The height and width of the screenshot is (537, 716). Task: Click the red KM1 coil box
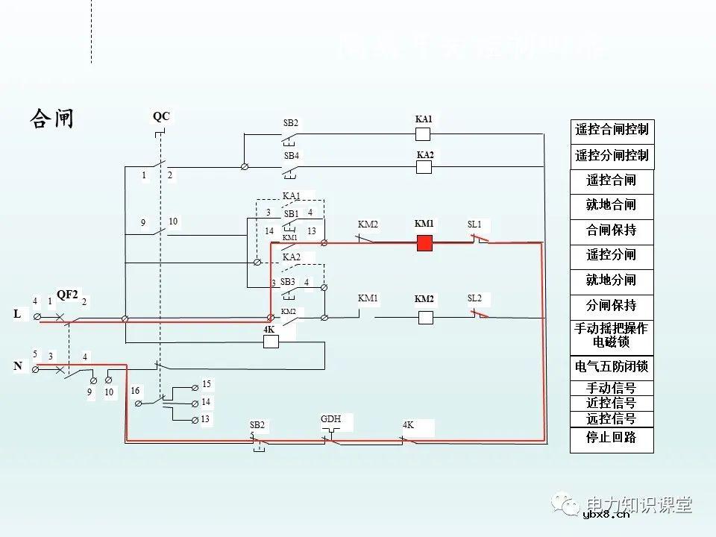coord(424,242)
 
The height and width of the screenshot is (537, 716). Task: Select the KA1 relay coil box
coord(423,134)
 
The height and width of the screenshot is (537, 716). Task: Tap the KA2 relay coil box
coord(424,167)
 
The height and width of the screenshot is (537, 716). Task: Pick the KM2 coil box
coord(425,318)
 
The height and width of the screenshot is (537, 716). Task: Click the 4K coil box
coord(271,342)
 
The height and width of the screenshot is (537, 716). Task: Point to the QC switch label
coord(161,116)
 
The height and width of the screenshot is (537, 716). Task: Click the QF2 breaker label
coord(67,295)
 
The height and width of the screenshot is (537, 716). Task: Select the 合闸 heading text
coord(51,119)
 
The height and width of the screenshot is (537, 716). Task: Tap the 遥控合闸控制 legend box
coord(612,130)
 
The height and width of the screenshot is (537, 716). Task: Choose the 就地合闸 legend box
coord(612,205)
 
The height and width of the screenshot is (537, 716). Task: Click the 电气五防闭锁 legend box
coord(612,367)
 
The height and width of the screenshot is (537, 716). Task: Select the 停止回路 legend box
coord(612,439)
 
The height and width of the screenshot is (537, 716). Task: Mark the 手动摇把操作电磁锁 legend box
coord(612,336)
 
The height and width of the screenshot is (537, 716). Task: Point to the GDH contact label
coord(330,419)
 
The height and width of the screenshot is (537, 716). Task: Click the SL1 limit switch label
coord(474,224)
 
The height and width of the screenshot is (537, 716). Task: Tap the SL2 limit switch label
coord(474,298)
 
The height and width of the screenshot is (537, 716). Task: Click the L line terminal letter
coord(17,315)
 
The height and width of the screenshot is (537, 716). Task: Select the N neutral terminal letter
coord(17,366)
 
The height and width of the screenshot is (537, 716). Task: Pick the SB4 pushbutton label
coord(291,156)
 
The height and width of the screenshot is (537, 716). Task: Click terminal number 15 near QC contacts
coord(207,384)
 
